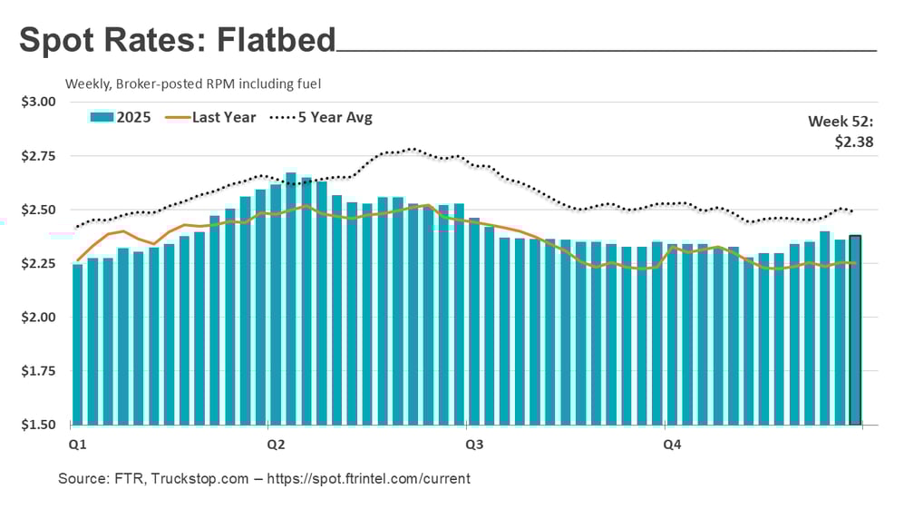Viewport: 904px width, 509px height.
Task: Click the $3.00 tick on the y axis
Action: (38, 102)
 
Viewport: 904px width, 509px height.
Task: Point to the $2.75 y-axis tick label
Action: (38, 156)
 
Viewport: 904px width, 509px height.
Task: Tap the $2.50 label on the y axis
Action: (38, 210)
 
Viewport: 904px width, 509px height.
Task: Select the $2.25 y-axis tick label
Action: (38, 264)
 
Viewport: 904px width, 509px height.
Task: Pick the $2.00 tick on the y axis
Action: (38, 318)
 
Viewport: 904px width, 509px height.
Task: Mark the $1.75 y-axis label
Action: (38, 371)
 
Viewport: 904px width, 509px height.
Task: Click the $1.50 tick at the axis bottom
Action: (38, 425)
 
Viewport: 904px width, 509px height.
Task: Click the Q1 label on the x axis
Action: (78, 445)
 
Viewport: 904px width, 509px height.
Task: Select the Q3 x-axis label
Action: (473, 445)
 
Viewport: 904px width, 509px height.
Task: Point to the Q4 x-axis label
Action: (672, 445)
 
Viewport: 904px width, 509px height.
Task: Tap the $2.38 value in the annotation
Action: (854, 141)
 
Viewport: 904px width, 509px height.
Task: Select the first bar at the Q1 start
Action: (78, 345)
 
